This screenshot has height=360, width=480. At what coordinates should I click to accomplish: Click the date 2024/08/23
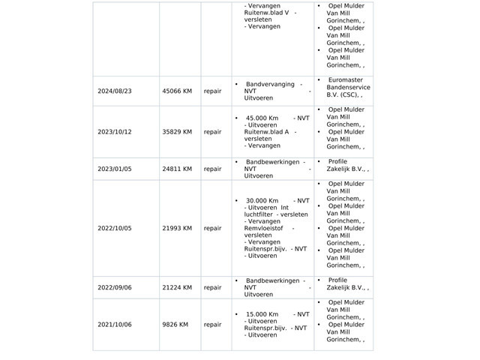coord(114,91)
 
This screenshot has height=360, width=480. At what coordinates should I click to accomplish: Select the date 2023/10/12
coord(114,132)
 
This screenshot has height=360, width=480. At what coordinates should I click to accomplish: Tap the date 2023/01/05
coord(114,169)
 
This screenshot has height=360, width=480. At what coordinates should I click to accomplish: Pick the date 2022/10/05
coord(114,229)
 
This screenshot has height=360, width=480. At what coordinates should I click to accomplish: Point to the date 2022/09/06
coord(114,288)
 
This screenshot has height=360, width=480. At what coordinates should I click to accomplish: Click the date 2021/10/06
coord(114,325)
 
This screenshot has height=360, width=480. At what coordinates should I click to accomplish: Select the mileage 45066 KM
coord(177,91)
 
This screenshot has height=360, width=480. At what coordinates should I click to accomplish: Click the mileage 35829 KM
coord(177,132)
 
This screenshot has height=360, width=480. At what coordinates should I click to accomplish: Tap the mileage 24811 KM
coord(177,169)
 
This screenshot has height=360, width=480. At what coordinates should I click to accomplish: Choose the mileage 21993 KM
coord(177,229)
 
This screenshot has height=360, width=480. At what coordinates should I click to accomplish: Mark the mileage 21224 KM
coord(177,288)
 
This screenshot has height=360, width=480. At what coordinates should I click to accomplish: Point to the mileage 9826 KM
coord(175,325)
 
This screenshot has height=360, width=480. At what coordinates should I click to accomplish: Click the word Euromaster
coord(346,80)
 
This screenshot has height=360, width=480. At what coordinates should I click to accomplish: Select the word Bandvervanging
coord(270,85)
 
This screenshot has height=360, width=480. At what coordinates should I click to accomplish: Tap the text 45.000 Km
coord(262,118)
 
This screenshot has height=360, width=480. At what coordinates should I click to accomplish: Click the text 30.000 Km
coord(262,201)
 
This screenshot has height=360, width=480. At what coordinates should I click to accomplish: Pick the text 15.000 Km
coord(262,314)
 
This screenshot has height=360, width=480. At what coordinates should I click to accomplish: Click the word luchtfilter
coord(259,214)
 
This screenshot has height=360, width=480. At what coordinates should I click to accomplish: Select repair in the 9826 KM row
coord(213,325)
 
